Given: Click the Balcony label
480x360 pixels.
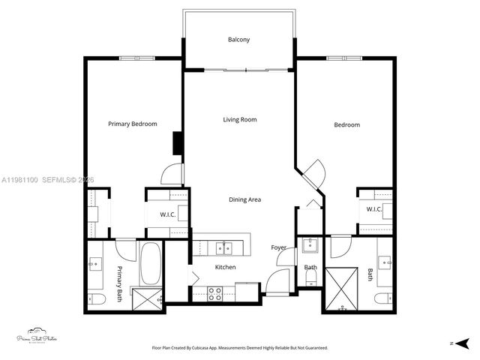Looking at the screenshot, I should tap(239, 40).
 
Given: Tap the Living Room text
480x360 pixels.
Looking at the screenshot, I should tap(239, 119).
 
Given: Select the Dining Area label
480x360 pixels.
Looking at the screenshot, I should tap(244, 199).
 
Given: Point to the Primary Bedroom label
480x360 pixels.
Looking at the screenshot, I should tap(132, 124).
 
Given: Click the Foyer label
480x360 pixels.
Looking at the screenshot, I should tap(278, 247).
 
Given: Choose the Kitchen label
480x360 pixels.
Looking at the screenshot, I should tap(225, 267).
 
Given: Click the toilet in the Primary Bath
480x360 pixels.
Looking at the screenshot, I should tap(97, 300).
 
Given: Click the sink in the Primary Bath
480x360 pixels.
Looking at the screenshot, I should tap(96, 265).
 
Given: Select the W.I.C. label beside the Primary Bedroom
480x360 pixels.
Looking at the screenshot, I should tap(167, 215).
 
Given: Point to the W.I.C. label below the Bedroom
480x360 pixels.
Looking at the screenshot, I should tap(373, 208).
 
